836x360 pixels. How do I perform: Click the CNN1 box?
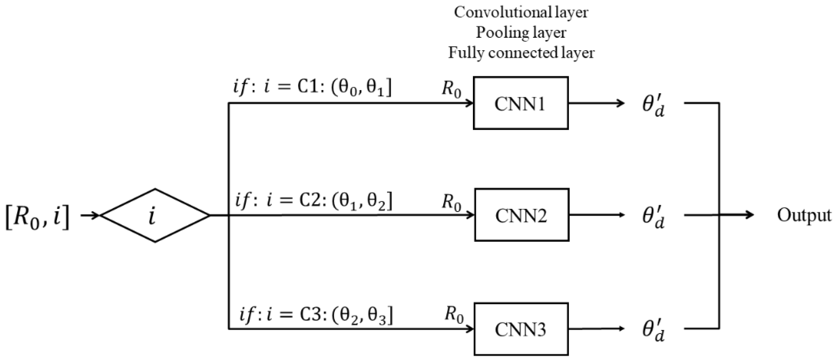[x=521, y=103]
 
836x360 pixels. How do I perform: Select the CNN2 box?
[x=521, y=215]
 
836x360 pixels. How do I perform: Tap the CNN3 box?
[x=521, y=329]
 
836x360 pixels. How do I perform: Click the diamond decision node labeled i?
[x=155, y=215]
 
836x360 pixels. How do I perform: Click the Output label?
[x=804, y=215]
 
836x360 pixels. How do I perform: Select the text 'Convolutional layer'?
[x=521, y=12]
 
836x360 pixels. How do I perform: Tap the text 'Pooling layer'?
[x=521, y=33]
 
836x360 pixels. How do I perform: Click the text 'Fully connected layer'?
[x=521, y=52]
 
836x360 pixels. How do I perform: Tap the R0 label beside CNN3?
[x=454, y=315]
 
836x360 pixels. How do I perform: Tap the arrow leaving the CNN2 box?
[x=596, y=215]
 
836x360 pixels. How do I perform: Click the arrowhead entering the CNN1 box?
[x=469, y=104]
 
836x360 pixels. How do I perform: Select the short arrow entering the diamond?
[x=90, y=215]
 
